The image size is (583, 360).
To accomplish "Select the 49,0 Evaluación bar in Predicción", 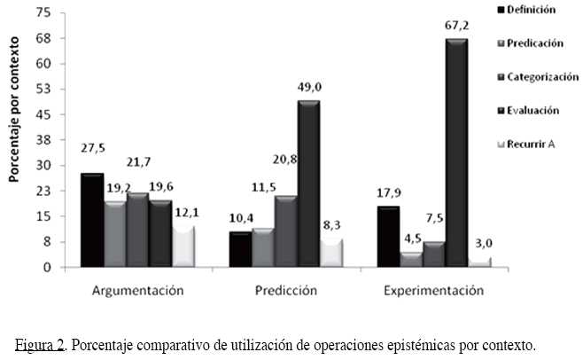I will tap(308, 183).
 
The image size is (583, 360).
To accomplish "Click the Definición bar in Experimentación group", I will tap(388, 236).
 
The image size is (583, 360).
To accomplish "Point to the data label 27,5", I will tap(91, 160).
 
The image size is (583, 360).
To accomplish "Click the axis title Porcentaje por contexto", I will tap(14, 127).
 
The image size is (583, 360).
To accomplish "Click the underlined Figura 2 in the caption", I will tap(42, 345).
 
